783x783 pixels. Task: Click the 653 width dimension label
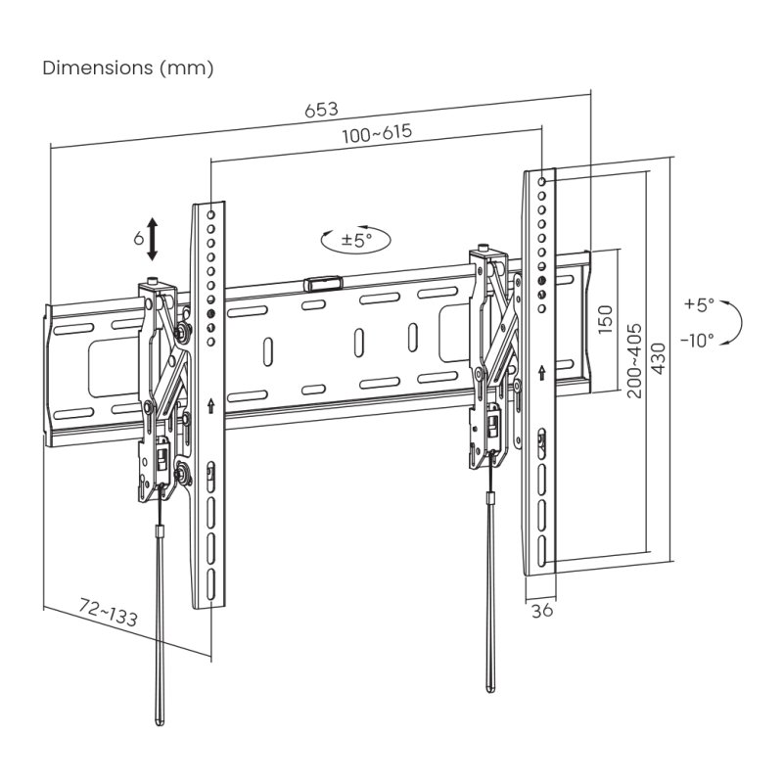(321, 110)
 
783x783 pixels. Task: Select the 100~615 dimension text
(376, 134)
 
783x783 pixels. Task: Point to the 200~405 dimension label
(634, 359)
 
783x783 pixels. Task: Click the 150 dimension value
(606, 318)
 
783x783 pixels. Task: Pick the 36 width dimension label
(540, 611)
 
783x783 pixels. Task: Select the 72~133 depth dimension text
(108, 615)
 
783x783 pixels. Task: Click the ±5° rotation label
(357, 239)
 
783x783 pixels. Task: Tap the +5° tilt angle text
(700, 304)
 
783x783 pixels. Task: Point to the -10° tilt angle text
(697, 340)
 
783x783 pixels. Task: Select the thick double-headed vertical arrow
(153, 239)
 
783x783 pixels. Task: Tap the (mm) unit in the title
(186, 69)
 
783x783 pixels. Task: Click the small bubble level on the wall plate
(323, 284)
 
